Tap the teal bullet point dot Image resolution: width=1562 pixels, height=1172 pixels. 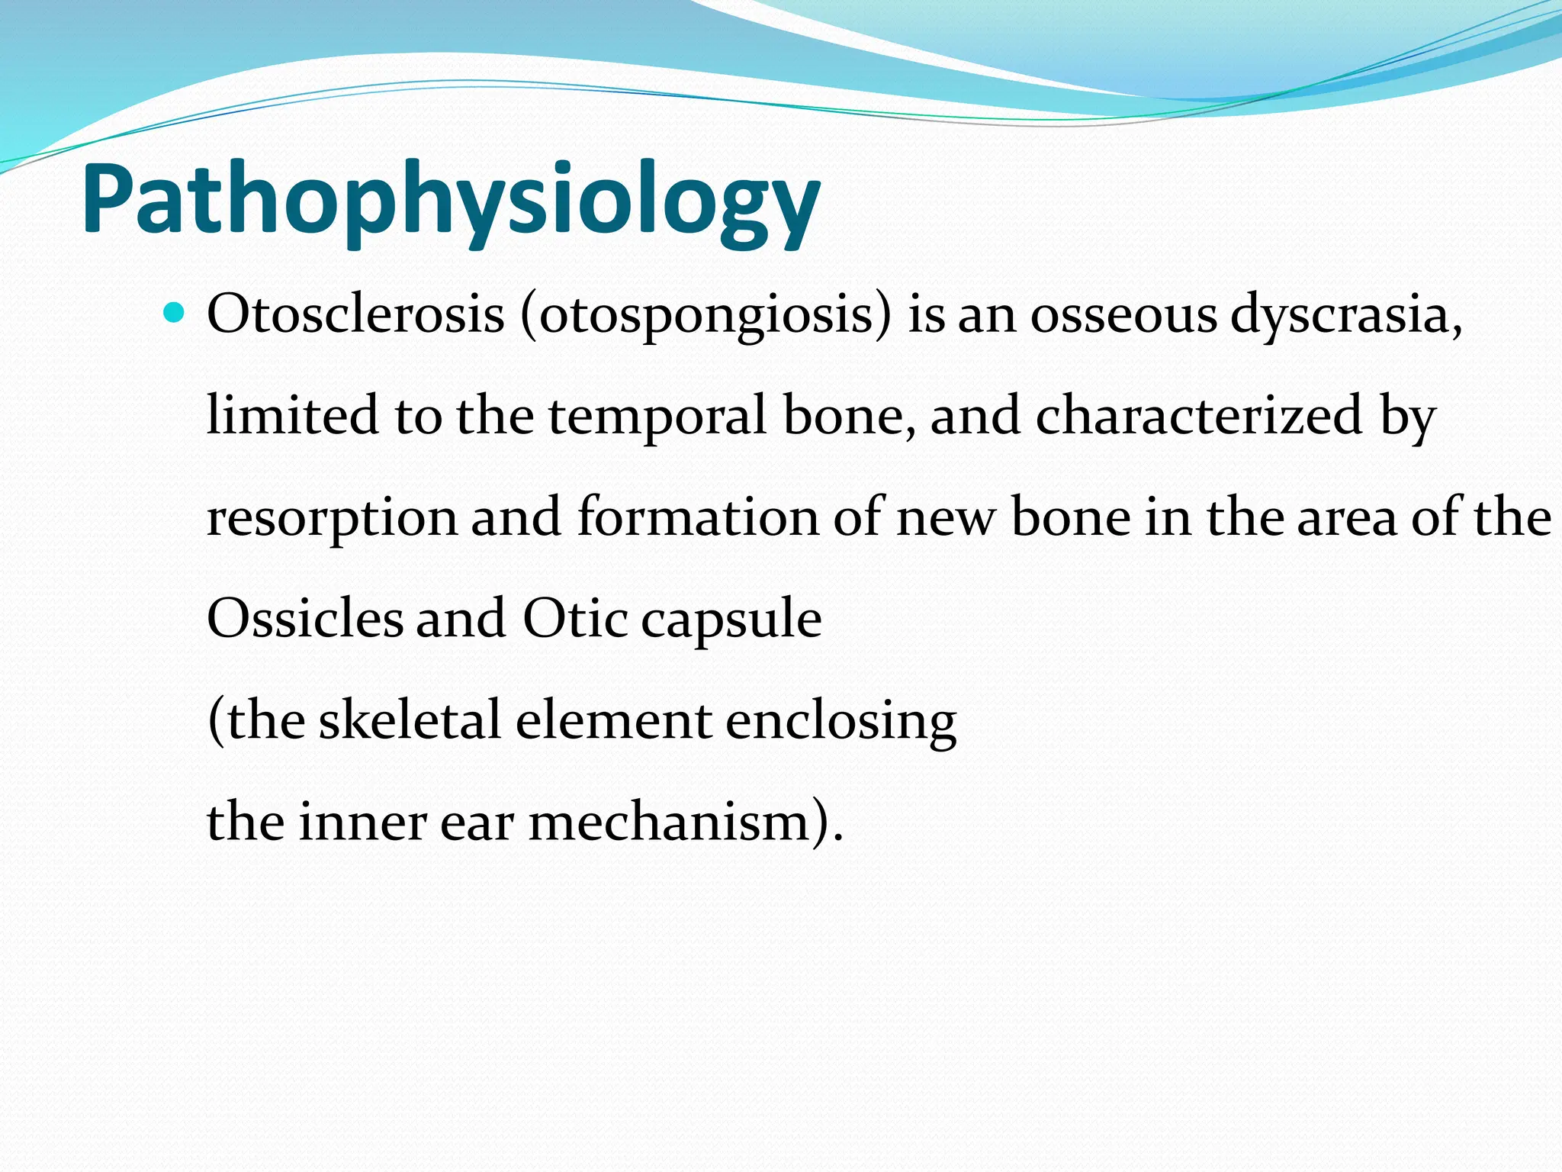[175, 313]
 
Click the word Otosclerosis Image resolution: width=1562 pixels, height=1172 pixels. [355, 314]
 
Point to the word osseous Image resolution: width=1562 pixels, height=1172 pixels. [1123, 314]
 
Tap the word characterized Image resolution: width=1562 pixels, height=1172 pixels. [1198, 416]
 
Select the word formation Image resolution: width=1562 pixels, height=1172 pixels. [697, 517]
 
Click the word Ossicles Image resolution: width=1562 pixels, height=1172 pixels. [305, 619]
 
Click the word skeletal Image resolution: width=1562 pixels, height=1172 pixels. [410, 720]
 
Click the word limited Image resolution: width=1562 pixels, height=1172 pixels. [293, 416]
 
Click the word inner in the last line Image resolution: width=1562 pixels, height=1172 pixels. [362, 823]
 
